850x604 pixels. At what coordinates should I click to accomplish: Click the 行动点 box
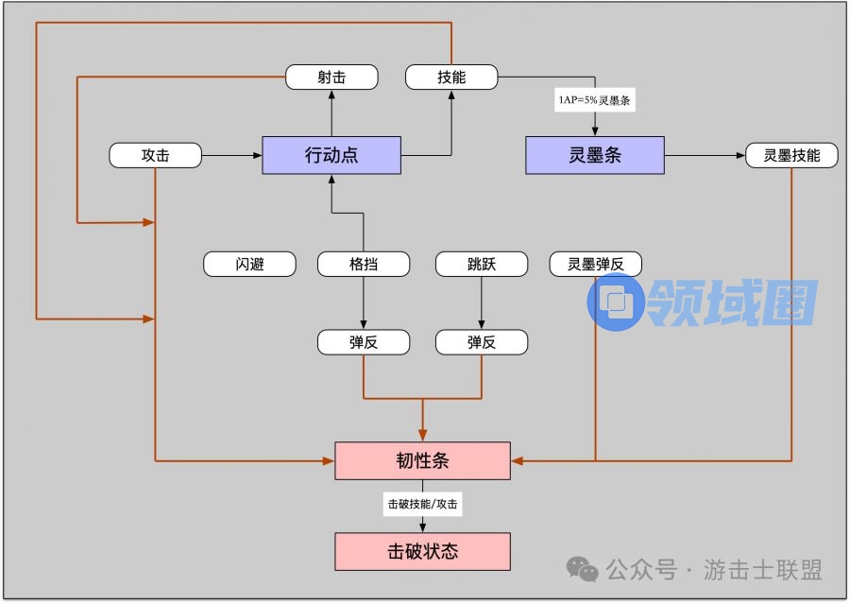click(x=331, y=155)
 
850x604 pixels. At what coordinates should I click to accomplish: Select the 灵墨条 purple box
click(x=594, y=155)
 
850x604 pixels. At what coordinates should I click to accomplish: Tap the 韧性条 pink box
click(x=422, y=460)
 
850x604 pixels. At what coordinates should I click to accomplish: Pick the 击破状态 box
click(x=422, y=551)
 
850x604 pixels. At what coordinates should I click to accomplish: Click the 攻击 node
click(x=156, y=155)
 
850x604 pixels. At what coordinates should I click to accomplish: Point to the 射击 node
click(x=331, y=78)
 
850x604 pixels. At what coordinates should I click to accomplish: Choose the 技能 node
click(x=451, y=78)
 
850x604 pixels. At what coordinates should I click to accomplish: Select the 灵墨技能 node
click(x=791, y=155)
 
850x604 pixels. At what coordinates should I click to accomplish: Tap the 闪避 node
click(x=249, y=264)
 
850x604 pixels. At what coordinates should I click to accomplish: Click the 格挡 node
click(x=364, y=264)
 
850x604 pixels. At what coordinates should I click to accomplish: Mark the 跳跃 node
click(x=481, y=264)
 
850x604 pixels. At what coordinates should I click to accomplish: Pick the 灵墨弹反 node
click(x=595, y=264)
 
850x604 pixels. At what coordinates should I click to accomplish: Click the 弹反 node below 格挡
click(x=364, y=342)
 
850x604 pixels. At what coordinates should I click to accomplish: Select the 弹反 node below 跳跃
click(x=481, y=342)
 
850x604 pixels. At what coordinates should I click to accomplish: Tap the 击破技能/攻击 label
click(x=422, y=505)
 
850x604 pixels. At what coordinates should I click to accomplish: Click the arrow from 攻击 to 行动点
click(x=231, y=155)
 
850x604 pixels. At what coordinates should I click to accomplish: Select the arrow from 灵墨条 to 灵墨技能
click(x=705, y=155)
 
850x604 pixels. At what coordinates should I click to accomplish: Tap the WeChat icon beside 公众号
click(x=582, y=569)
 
